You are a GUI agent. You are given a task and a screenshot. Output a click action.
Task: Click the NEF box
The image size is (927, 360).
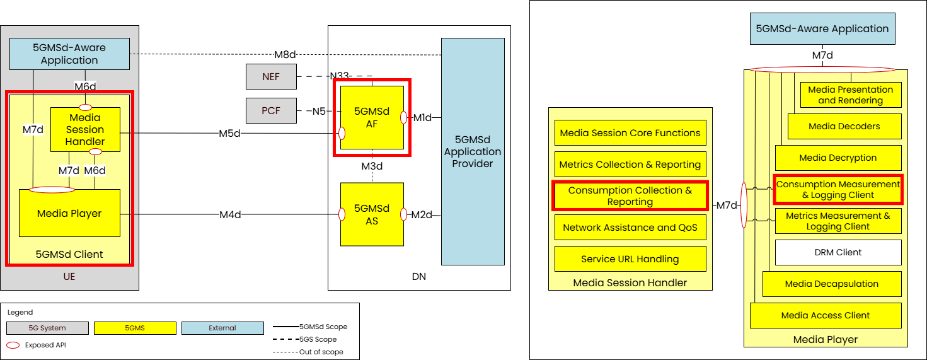270,77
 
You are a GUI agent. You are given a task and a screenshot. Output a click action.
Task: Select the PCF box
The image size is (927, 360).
270,111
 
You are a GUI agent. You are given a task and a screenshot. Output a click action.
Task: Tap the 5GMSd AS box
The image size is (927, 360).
372,214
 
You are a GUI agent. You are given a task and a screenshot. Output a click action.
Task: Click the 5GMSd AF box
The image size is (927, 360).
372,117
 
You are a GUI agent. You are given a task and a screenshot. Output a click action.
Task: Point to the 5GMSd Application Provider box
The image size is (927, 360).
473,151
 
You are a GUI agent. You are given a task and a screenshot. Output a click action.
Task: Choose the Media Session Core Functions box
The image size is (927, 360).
630,133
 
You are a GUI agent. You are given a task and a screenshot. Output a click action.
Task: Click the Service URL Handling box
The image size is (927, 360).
630,259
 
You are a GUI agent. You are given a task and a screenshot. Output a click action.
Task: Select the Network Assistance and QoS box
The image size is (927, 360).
630,228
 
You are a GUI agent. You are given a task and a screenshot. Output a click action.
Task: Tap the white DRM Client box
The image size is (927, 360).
838,252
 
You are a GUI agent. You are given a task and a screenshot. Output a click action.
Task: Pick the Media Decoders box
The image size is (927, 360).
844,126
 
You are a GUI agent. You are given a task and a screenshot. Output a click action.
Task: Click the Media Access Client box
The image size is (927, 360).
826,315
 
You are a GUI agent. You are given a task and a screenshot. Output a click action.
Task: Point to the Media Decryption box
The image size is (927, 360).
838,158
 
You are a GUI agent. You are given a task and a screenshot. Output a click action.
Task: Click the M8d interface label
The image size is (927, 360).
285,54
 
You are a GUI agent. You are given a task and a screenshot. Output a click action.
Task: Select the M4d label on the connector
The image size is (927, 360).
230,215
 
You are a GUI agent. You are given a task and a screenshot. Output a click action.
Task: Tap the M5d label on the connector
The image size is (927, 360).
230,133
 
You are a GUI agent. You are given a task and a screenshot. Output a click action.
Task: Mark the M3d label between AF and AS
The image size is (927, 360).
372,166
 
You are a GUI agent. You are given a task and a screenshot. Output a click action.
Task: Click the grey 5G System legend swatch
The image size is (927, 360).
48,328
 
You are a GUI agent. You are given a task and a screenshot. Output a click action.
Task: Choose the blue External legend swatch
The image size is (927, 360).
222,328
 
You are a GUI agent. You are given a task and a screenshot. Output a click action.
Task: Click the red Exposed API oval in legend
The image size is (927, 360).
13,345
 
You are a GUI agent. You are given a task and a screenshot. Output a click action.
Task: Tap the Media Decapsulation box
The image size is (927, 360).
832,284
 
